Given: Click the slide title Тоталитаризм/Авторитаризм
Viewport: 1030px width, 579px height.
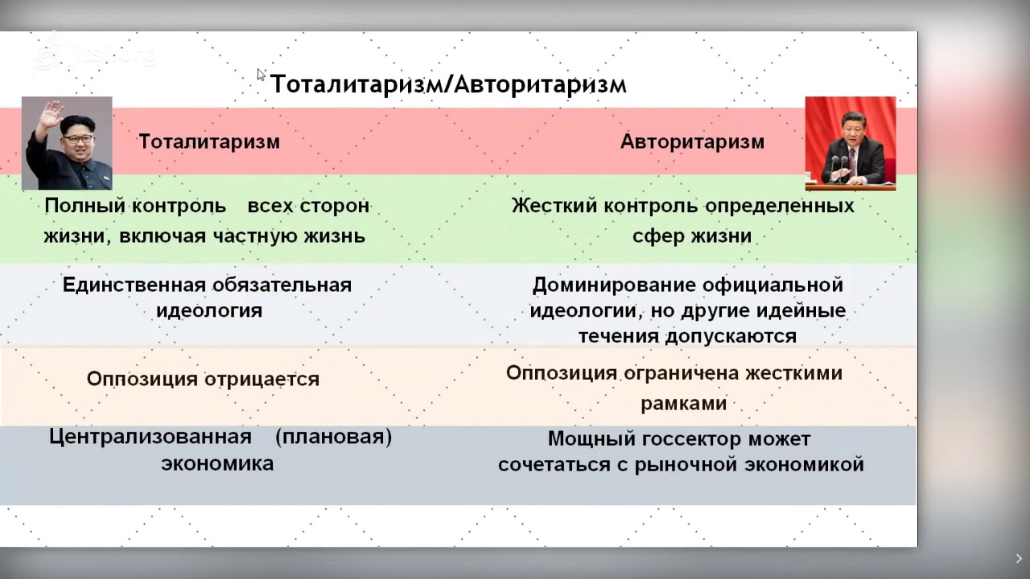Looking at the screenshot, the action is [x=448, y=84].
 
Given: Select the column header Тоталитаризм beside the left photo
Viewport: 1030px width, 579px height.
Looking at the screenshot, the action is [x=209, y=142].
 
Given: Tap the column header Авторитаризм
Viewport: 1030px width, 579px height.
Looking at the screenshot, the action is [x=692, y=142].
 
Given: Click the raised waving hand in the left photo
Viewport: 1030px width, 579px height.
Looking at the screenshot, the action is [x=51, y=116].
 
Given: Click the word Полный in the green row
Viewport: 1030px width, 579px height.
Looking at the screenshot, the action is [x=85, y=206].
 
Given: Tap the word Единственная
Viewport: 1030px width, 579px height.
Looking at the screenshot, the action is [x=134, y=285].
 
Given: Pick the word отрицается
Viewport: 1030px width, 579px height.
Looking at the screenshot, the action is [x=262, y=380].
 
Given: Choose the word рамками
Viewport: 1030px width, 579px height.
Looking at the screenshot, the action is [x=684, y=404].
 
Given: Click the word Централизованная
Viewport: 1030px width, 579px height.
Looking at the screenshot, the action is [x=150, y=437].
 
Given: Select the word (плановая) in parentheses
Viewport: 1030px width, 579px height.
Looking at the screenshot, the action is [x=333, y=437].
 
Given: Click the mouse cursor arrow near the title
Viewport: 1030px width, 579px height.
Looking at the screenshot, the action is [x=261, y=75].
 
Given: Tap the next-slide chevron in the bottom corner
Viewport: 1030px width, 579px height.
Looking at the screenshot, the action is [x=1019, y=558].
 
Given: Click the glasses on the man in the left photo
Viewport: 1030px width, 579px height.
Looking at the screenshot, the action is [x=78, y=138].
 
